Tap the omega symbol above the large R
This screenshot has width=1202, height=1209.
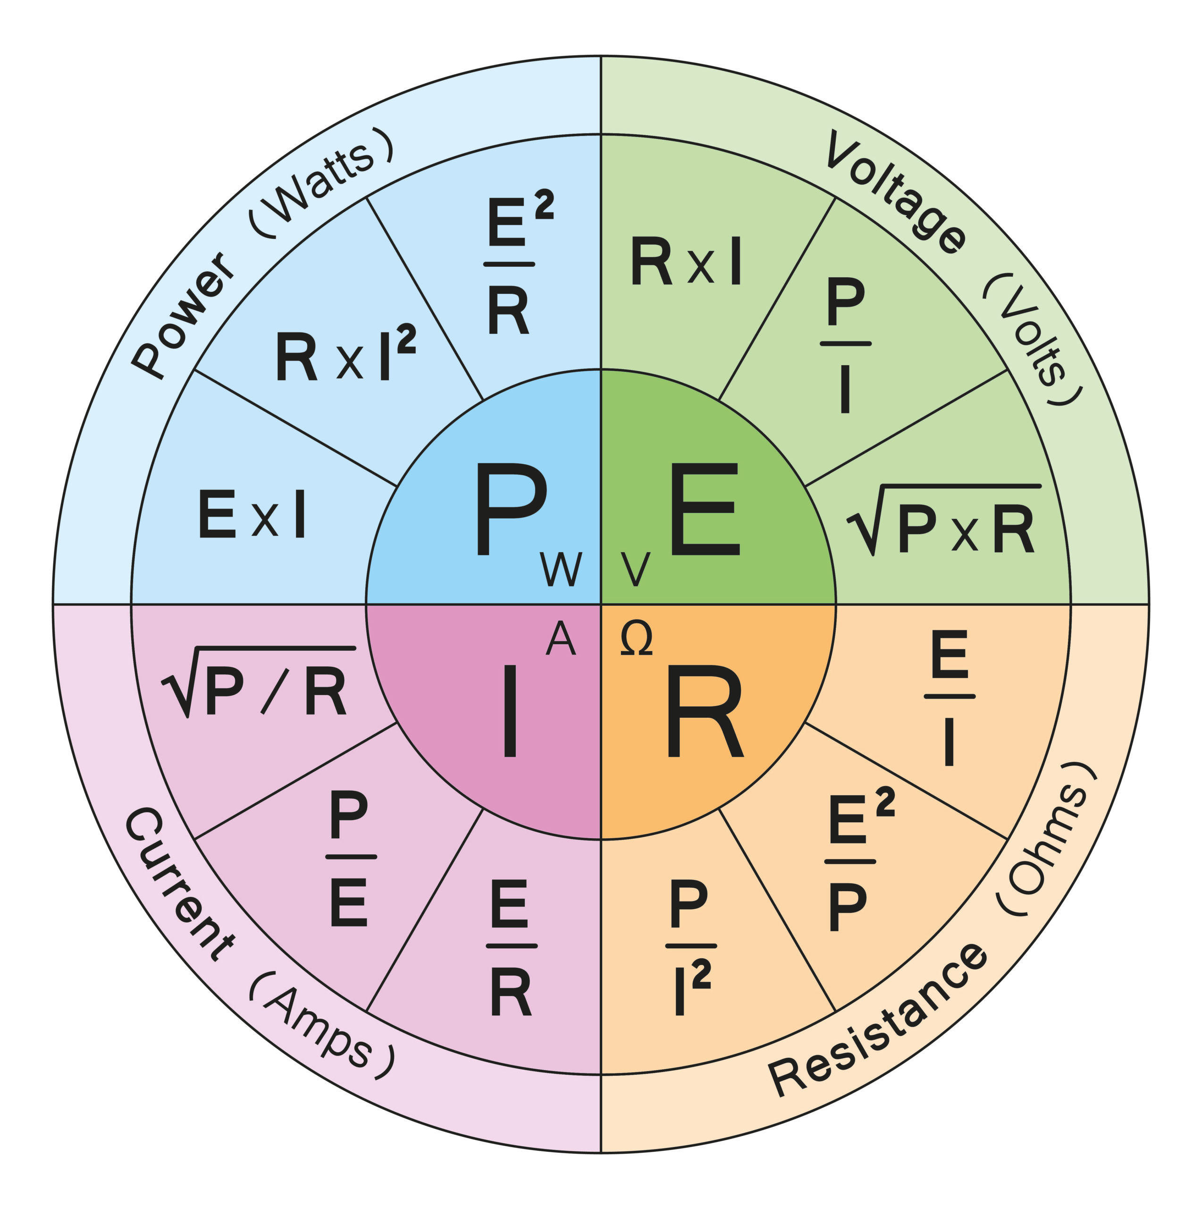coord(636,639)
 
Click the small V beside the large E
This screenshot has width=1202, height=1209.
coord(635,570)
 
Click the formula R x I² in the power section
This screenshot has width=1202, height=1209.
coord(345,354)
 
